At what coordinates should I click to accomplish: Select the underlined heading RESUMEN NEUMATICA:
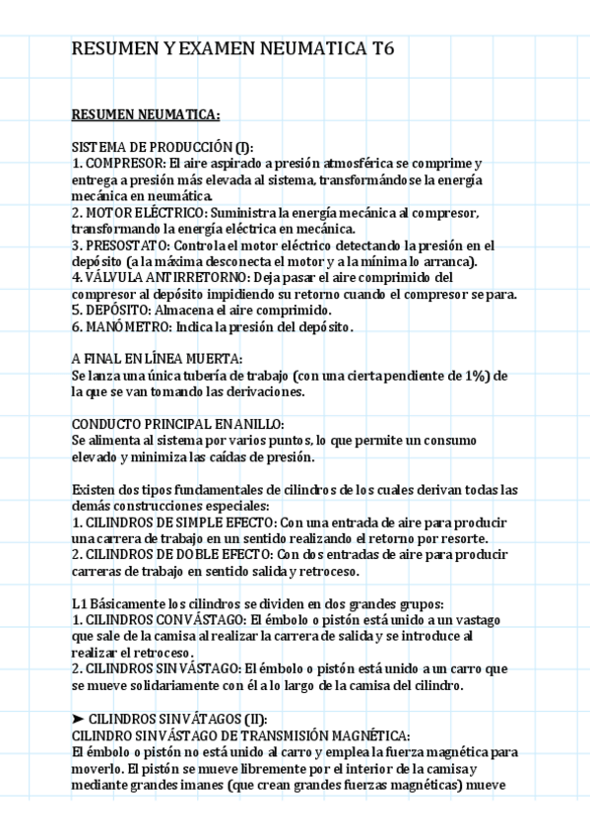coord(145,114)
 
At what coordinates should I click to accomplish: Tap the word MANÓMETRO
coord(127,326)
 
